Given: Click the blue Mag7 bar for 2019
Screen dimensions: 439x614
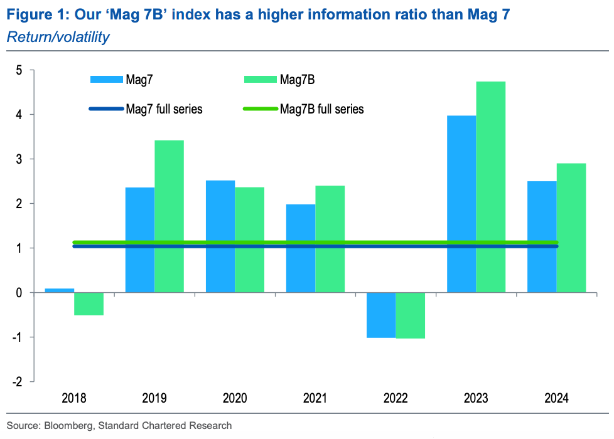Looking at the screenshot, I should coord(140,240).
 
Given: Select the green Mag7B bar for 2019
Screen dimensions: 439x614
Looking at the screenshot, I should coord(169,216).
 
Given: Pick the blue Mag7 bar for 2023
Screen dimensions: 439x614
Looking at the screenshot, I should coord(461,204).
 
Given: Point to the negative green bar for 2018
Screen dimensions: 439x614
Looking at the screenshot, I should coord(89,304).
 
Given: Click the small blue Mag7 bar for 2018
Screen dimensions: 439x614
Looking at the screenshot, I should coord(60,290).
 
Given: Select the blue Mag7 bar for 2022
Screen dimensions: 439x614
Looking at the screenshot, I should coord(381,315).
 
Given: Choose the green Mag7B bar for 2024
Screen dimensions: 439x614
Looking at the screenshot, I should coord(571,228).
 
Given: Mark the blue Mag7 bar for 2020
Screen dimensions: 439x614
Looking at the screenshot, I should coord(220,236).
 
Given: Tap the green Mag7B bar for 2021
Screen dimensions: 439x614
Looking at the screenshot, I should coord(330,239).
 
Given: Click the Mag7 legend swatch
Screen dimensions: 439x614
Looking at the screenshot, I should coord(108,79).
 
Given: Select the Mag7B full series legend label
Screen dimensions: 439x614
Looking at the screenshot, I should coord(322,109).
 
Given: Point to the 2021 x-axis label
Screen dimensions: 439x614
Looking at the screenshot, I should coord(315,398).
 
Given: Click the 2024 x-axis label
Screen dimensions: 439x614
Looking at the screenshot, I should coord(556,398).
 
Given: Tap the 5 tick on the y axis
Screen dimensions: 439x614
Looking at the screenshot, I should coord(19,70).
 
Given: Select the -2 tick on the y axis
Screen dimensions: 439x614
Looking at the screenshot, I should coord(17,381).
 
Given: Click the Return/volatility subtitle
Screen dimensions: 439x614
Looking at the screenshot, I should coord(58,37).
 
